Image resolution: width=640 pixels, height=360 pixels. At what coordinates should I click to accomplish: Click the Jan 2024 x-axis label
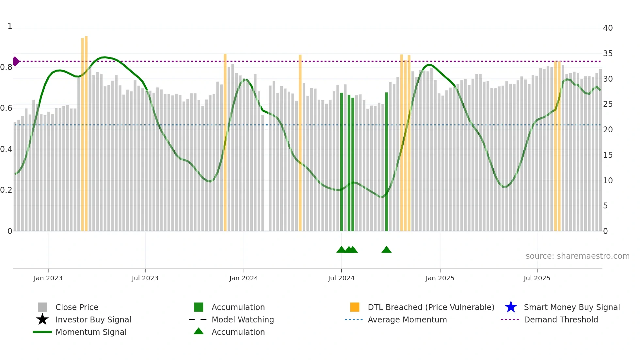point(244,278)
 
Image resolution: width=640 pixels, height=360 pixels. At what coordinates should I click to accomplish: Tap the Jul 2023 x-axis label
point(145,278)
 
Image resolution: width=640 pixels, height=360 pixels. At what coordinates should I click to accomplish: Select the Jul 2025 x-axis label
point(537,278)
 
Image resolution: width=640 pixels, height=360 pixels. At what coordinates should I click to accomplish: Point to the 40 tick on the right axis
point(608,28)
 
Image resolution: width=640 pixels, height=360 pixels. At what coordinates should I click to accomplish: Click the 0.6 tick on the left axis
point(6,108)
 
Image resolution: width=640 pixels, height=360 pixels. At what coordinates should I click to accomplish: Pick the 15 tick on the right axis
point(608,155)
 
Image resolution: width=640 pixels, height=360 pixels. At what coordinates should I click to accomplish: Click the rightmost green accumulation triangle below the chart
point(386,250)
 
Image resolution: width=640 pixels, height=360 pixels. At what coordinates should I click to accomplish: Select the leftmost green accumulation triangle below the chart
point(341,250)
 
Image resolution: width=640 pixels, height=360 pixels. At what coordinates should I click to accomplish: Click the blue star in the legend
point(511,307)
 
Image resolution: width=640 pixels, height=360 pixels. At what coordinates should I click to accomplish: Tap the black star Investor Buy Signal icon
point(42,319)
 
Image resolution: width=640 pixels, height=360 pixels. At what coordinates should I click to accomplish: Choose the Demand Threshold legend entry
point(561,319)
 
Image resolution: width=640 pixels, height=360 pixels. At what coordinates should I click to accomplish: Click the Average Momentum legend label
point(407,319)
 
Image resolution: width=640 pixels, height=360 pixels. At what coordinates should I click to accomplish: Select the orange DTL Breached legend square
point(355,307)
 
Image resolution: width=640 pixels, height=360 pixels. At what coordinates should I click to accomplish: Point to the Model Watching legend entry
point(242,319)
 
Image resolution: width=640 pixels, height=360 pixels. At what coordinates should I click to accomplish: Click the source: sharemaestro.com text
point(577,256)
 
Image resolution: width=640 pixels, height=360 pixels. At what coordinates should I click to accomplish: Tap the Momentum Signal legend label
point(91,332)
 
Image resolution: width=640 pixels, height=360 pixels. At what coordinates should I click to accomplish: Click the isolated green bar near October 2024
point(387,162)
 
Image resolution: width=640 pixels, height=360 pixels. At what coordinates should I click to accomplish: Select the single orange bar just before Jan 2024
point(225,142)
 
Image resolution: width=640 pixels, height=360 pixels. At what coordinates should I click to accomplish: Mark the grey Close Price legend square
point(42,307)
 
